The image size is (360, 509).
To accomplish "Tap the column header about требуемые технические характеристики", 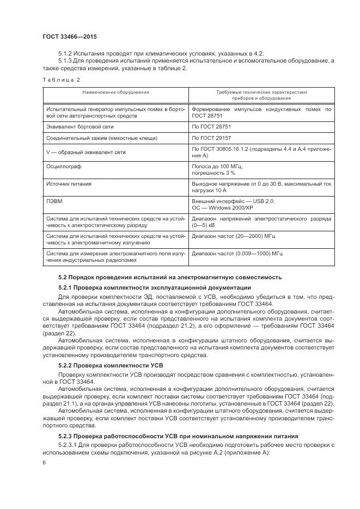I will [261, 95].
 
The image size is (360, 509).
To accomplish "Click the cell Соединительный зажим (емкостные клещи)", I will [93, 138].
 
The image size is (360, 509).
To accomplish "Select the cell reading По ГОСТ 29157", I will [212, 138].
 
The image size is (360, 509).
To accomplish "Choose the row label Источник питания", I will [69, 184].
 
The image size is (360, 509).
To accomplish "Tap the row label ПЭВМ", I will [55, 201].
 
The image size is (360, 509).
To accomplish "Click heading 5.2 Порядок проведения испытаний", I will [170, 277].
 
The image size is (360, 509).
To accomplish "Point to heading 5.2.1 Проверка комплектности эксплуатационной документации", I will [154, 287].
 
